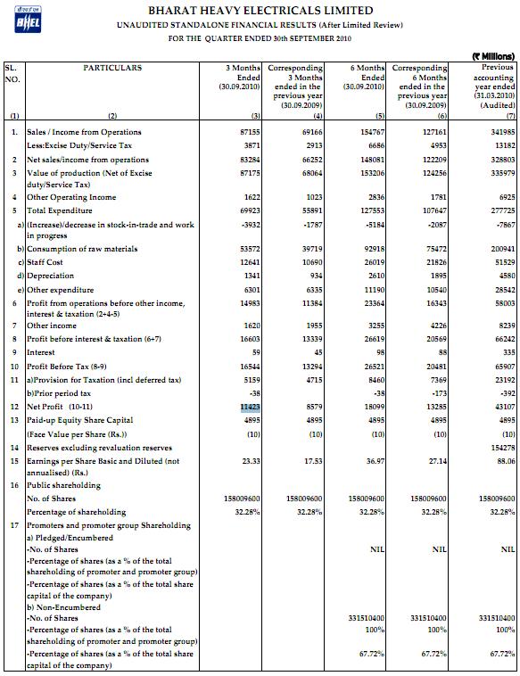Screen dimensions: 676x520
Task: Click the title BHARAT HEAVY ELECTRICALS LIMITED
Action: (285, 10)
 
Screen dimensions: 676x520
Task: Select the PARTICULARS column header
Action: (112, 68)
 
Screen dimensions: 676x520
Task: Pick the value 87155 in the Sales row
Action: (250, 132)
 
